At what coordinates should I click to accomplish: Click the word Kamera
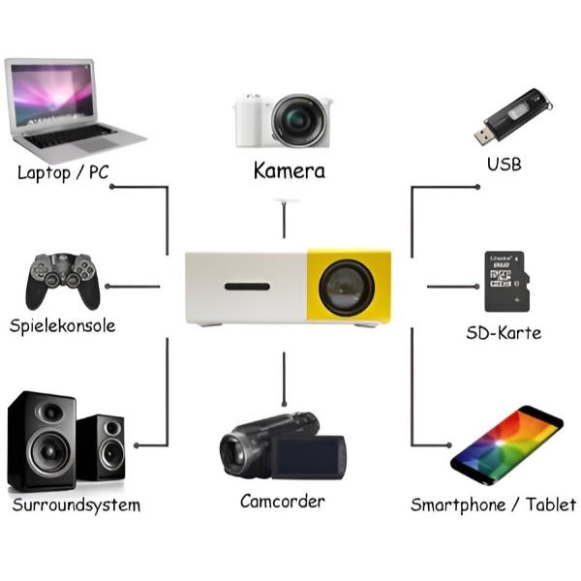[290, 170]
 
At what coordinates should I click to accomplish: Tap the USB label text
[504, 165]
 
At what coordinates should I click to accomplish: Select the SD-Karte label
[504, 333]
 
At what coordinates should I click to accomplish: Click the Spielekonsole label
[62, 326]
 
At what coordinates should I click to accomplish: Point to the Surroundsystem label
[76, 505]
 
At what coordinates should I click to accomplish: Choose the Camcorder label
[283, 502]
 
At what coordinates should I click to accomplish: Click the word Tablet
[551, 505]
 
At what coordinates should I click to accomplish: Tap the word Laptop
[45, 173]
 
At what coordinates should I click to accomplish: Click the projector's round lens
[347, 288]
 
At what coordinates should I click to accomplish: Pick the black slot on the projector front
[247, 287]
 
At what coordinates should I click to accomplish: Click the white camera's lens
[299, 120]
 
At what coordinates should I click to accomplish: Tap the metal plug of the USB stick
[483, 136]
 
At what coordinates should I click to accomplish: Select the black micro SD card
[506, 282]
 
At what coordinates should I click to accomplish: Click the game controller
[63, 281]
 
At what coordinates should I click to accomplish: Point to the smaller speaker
[101, 447]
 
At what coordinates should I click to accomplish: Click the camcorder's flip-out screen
[308, 457]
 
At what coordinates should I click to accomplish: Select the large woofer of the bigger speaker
[48, 450]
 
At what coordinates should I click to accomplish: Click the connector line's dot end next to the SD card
[477, 287]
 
